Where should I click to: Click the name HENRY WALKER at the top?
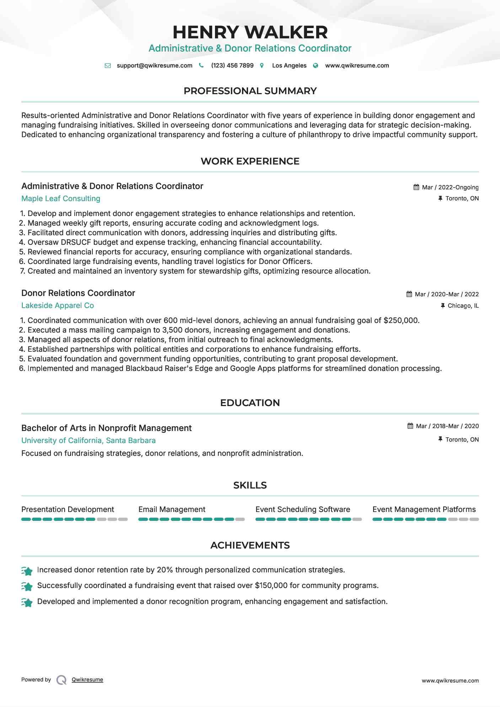pos(250,32)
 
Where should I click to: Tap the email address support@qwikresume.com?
pos(154,65)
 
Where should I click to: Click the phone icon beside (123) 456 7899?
pos(201,65)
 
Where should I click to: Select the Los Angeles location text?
pos(289,65)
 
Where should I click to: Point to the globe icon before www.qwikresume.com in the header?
pos(315,65)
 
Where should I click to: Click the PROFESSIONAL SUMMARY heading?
pos(250,91)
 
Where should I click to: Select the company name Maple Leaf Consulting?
pos(61,199)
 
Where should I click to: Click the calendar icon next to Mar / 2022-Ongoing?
pos(416,187)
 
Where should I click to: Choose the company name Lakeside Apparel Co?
pos(58,306)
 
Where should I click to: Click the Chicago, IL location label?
pos(463,306)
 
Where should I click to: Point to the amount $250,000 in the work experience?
pos(401,320)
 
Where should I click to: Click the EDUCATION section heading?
pos(250,403)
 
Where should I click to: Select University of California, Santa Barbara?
pos(88,441)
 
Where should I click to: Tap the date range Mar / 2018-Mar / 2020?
pos(447,426)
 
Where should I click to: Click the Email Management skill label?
pos(172,509)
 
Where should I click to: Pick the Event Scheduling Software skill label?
pos(302,509)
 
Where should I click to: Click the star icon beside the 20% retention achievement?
pos(27,571)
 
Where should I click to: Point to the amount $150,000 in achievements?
pos(271,585)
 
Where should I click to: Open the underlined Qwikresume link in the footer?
pos(87,680)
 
